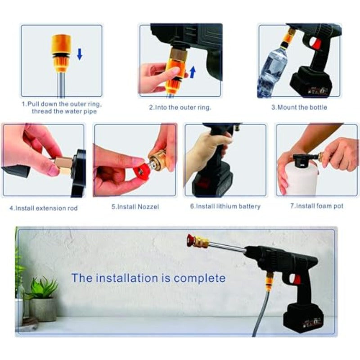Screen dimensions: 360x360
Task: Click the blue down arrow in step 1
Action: [x=80, y=54]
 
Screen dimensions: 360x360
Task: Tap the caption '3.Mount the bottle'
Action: [x=299, y=107]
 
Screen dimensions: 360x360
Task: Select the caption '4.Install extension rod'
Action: [x=43, y=208]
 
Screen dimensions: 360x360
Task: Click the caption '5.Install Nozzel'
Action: [x=135, y=207]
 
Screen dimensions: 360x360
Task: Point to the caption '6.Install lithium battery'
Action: [x=225, y=206]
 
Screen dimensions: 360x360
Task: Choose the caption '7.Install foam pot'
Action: [x=316, y=206]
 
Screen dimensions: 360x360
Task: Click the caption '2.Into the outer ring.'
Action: [x=180, y=107]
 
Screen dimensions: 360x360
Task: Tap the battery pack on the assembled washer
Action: [x=303, y=318]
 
